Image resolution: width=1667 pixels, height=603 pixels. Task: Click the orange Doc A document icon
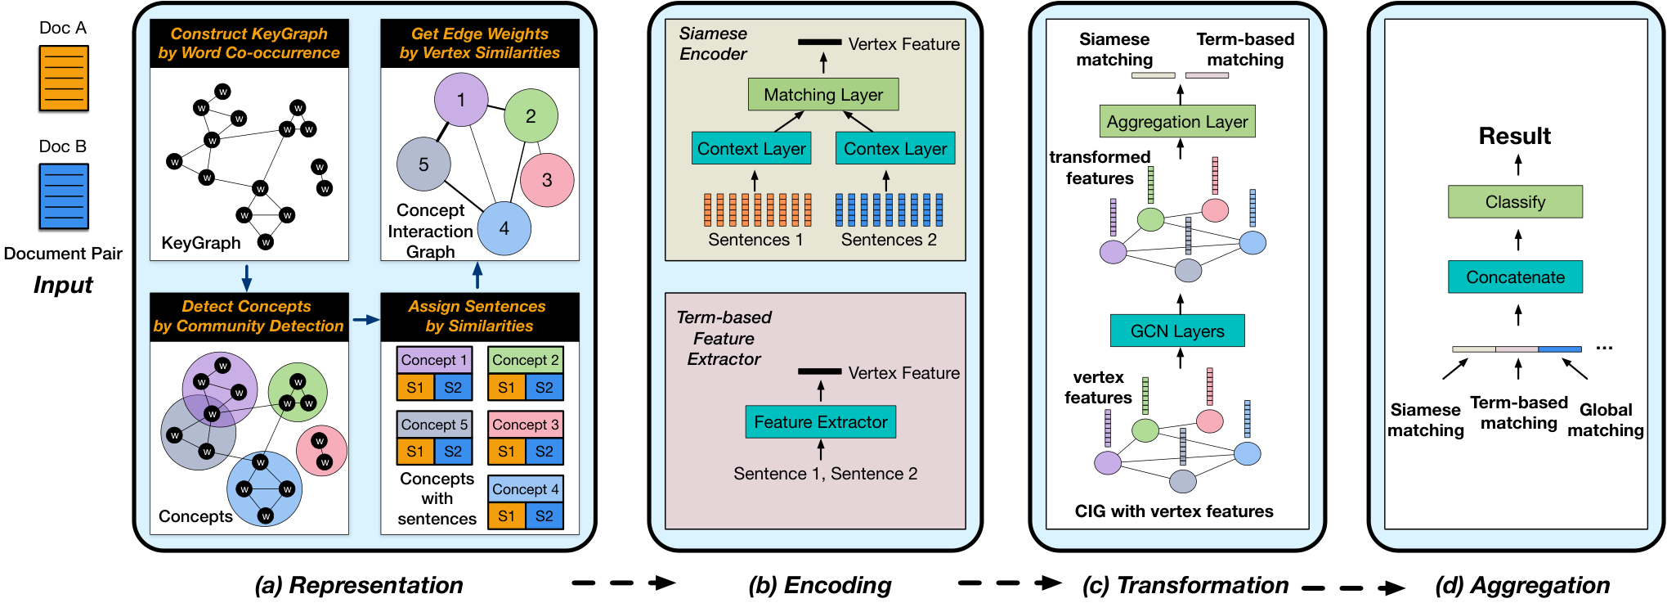tap(64, 79)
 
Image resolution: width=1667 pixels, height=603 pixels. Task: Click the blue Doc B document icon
tap(64, 196)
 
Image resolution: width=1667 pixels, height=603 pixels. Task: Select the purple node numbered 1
tap(461, 100)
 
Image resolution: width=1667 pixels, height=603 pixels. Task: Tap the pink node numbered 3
tap(547, 180)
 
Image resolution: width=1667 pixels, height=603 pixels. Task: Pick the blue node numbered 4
tap(504, 228)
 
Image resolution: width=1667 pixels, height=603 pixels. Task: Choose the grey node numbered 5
tap(423, 164)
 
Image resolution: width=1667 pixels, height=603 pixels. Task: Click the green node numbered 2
tap(531, 116)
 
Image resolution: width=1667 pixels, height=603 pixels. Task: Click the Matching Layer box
tap(823, 95)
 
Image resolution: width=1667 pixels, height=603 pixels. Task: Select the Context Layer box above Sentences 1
tap(751, 149)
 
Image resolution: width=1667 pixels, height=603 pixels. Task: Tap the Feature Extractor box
tap(821, 422)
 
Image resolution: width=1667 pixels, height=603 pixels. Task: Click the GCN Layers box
tap(1177, 331)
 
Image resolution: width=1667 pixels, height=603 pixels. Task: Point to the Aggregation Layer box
tap(1177, 122)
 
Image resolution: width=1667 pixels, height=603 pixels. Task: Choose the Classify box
tap(1516, 202)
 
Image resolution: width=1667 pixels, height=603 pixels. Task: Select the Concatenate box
tap(1516, 277)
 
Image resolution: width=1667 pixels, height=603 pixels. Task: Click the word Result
tap(1515, 136)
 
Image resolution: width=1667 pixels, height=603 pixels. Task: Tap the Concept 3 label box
tap(526, 425)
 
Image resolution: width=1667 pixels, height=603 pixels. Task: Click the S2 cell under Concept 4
tap(544, 516)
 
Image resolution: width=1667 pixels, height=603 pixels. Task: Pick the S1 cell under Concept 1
tap(415, 388)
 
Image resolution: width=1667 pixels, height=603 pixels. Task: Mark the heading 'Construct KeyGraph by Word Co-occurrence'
tap(249, 43)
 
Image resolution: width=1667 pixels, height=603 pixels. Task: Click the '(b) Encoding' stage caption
tap(820, 585)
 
